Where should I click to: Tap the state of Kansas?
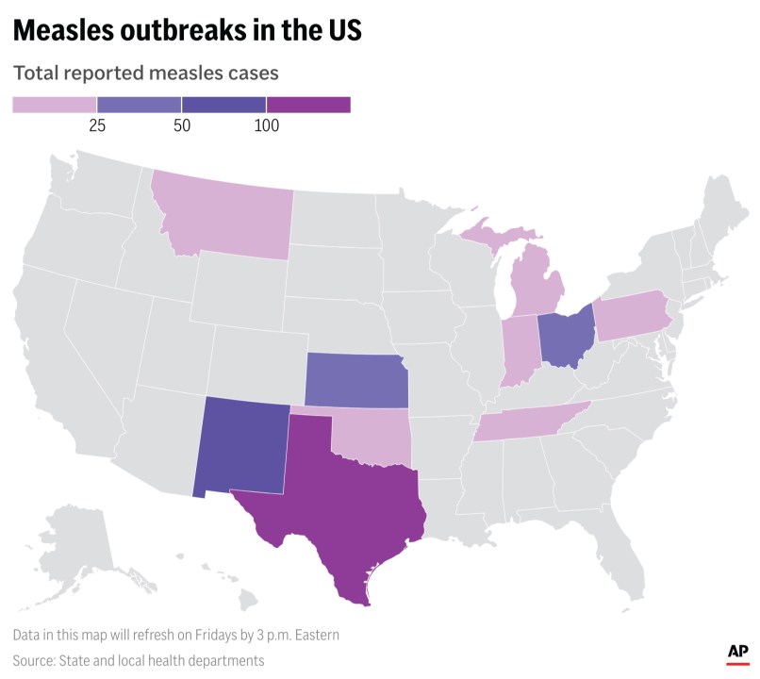[x=355, y=381]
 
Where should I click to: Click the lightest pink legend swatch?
[x=54, y=105]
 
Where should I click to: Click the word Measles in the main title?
[x=70, y=30]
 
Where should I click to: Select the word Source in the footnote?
[x=35, y=660]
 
